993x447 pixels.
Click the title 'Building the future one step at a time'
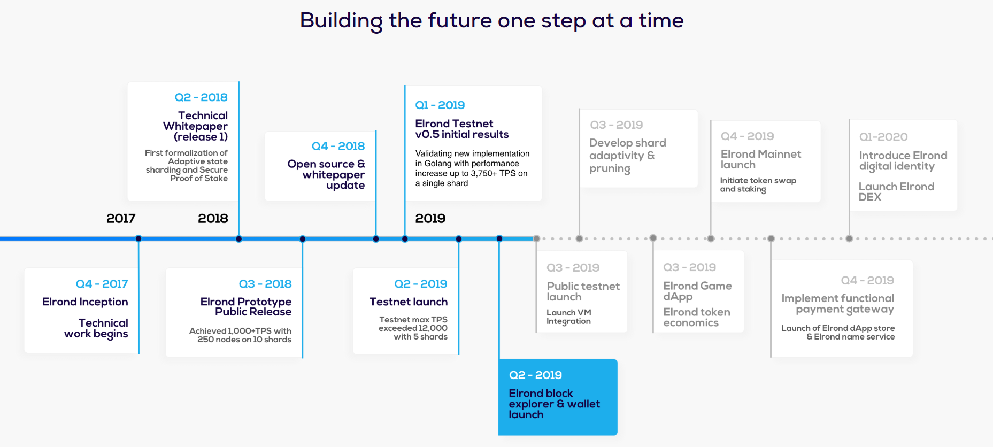(x=491, y=21)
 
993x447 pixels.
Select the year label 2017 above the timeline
(x=121, y=218)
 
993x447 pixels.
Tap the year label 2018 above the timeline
(x=213, y=218)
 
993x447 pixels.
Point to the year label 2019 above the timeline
(x=430, y=218)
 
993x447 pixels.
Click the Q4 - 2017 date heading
(x=102, y=284)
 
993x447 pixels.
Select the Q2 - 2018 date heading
(x=201, y=97)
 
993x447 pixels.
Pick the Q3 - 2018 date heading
(x=265, y=284)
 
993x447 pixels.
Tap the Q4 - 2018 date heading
(x=338, y=146)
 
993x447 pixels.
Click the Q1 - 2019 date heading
(x=440, y=105)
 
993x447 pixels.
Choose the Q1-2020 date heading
(x=883, y=137)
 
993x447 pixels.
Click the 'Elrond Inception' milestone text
(x=85, y=302)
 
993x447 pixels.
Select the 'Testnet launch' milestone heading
(x=409, y=302)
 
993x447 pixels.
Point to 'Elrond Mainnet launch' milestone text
(x=761, y=159)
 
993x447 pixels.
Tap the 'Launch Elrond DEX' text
(x=896, y=192)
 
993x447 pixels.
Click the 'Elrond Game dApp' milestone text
(x=697, y=291)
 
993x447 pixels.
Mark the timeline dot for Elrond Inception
(x=138, y=238)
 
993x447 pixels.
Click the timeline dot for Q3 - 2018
(x=303, y=238)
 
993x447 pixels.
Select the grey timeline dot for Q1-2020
(x=849, y=238)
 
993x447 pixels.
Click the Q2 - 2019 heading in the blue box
(x=535, y=375)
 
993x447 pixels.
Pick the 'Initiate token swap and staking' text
(x=758, y=184)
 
